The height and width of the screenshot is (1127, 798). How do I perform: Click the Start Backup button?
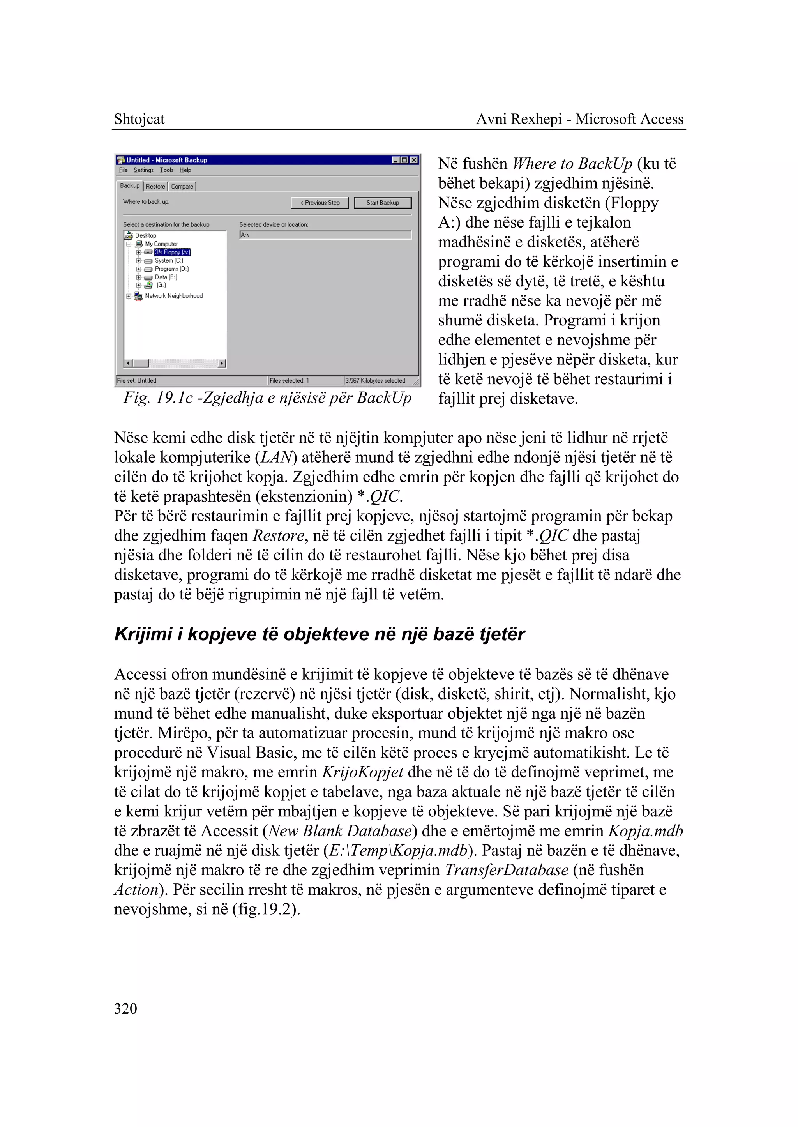(382, 203)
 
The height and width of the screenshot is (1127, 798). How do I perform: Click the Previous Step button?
(320, 203)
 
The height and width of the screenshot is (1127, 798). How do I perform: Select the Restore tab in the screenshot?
(155, 187)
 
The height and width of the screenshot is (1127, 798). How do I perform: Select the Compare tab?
(182, 187)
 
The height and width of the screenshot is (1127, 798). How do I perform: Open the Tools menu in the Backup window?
(167, 170)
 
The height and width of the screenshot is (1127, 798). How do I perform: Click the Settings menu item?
(143, 170)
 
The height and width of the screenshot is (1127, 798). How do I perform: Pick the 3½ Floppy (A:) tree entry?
(172, 252)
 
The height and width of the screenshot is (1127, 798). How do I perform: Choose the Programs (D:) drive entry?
(171, 269)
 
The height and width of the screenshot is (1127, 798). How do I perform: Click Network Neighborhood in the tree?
(173, 296)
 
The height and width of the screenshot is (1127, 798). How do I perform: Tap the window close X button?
(414, 160)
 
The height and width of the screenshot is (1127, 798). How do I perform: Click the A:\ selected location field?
(325, 235)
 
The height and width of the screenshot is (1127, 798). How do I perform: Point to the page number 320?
(125, 1009)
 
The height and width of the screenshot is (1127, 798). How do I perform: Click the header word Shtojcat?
(139, 119)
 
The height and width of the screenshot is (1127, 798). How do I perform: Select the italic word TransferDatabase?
(506, 870)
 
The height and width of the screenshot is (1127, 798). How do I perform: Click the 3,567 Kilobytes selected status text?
(375, 380)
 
